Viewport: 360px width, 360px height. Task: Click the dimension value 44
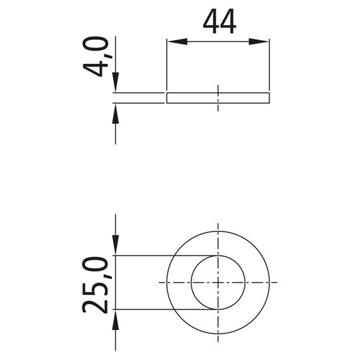tap(219, 23)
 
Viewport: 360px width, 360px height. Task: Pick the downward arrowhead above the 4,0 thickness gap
tap(116, 86)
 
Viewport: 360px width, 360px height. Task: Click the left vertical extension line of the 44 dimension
tap(166, 67)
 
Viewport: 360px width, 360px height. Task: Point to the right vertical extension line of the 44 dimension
tap(270, 67)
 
